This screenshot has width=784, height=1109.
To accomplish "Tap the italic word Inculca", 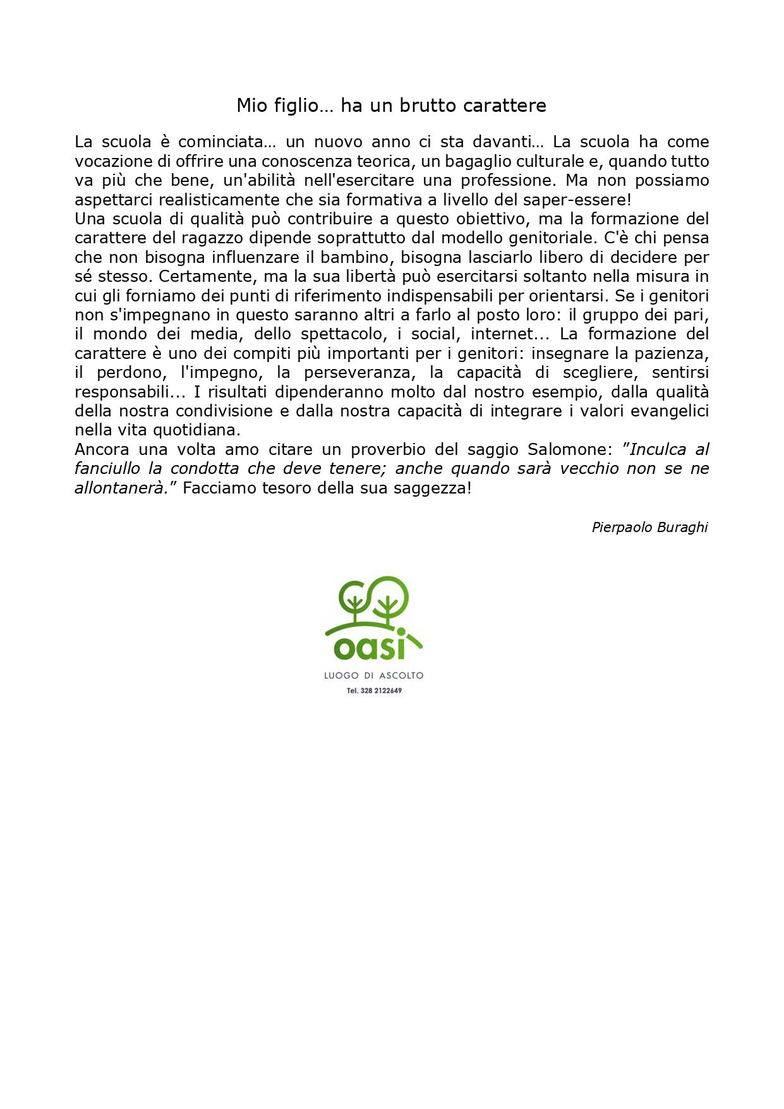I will point(658,449).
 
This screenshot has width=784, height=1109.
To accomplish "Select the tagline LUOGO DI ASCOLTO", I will point(373,676).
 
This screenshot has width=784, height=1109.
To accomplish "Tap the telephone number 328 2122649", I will point(381,691).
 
